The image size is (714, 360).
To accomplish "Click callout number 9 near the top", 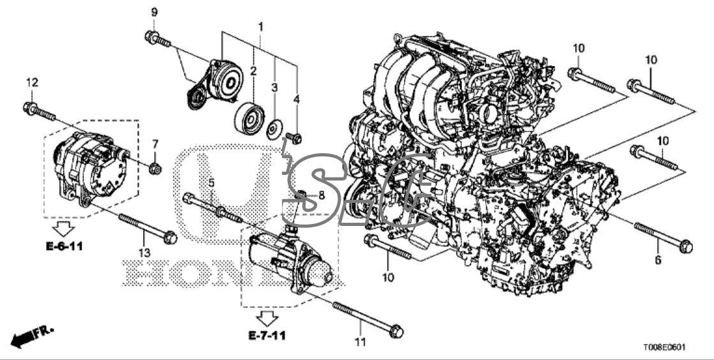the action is click(x=154, y=12).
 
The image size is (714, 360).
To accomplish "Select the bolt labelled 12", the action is click(x=39, y=112).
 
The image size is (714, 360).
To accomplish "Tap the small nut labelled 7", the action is click(x=155, y=168).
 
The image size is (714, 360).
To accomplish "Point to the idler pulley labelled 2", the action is click(x=249, y=118).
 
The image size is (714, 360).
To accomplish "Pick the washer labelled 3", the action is click(x=274, y=129).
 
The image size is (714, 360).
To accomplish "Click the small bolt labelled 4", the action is click(x=294, y=138).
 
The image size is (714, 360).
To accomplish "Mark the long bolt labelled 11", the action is click(x=368, y=320).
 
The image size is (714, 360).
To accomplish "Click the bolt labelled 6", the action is click(x=663, y=237).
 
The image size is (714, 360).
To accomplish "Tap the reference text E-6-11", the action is click(x=64, y=246).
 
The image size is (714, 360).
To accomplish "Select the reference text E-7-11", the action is click(x=267, y=336).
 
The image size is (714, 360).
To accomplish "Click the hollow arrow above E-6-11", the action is click(x=63, y=229).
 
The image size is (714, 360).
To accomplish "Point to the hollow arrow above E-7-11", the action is click(x=267, y=318).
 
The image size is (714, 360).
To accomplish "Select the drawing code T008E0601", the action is click(x=664, y=348).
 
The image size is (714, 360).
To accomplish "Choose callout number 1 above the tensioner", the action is click(x=260, y=27).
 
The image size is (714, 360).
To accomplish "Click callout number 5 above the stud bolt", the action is click(x=211, y=183).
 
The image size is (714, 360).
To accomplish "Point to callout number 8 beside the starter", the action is click(x=322, y=195).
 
